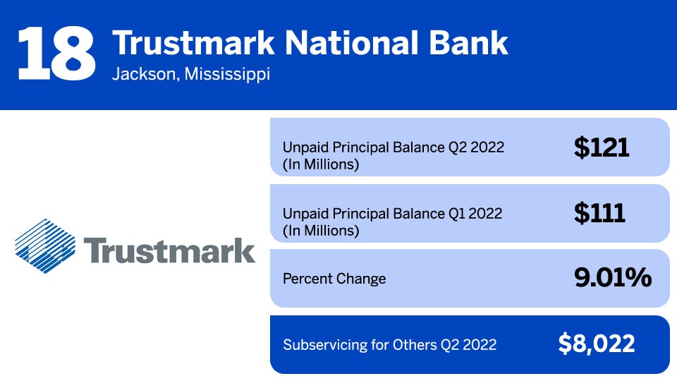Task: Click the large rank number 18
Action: point(56,54)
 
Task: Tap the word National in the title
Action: point(336,43)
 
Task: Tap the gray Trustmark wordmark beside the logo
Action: point(169,250)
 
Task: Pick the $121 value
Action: point(601,147)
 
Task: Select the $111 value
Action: point(599,212)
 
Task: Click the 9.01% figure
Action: point(612,278)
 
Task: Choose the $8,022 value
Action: point(597,344)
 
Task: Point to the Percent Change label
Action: point(334,279)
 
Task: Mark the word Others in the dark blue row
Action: point(416,345)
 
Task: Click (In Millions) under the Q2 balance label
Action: point(321,165)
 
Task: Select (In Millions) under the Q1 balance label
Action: point(321,230)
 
